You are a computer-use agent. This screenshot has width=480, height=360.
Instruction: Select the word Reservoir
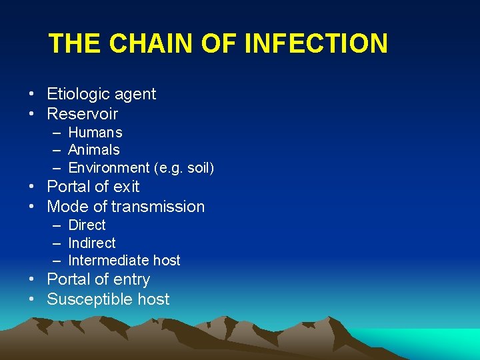click(82, 114)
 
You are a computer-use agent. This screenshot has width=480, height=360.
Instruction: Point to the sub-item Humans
click(95, 133)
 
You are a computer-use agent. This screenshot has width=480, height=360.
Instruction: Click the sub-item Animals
click(94, 150)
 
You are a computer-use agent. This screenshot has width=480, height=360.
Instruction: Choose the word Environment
click(109, 167)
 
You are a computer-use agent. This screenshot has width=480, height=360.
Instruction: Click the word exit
click(125, 187)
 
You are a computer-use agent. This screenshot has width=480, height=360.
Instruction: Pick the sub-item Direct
click(87, 225)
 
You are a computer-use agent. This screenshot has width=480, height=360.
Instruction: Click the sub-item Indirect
click(92, 243)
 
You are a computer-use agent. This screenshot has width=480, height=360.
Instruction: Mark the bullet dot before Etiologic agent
click(31, 94)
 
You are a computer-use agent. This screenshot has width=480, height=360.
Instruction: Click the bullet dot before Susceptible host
click(31, 299)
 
